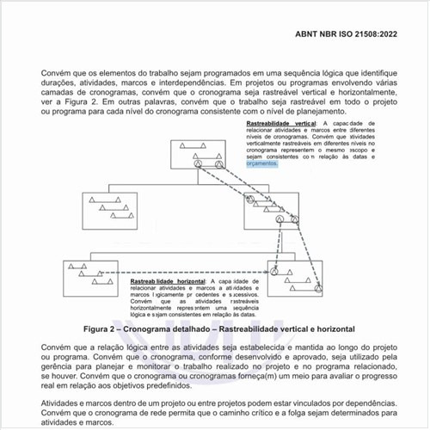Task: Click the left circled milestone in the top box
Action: pos(197,163)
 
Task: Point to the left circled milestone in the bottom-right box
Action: pos(274,272)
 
